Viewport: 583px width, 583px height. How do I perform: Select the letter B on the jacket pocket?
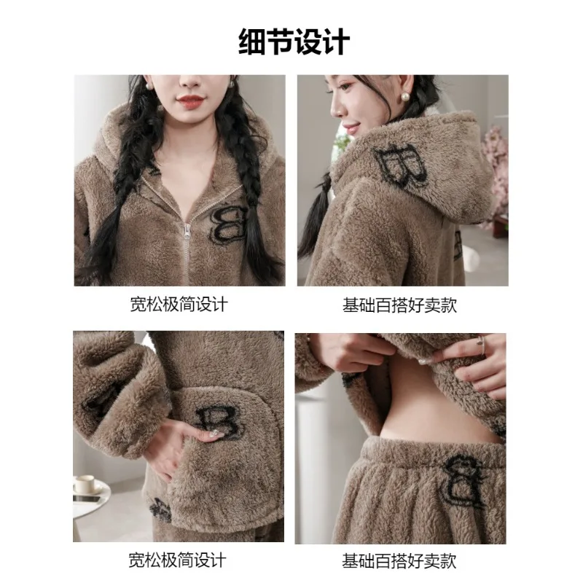[219, 423]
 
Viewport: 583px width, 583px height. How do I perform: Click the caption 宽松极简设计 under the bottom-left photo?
[179, 560]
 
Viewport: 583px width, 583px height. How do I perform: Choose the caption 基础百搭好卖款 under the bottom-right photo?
[400, 560]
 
